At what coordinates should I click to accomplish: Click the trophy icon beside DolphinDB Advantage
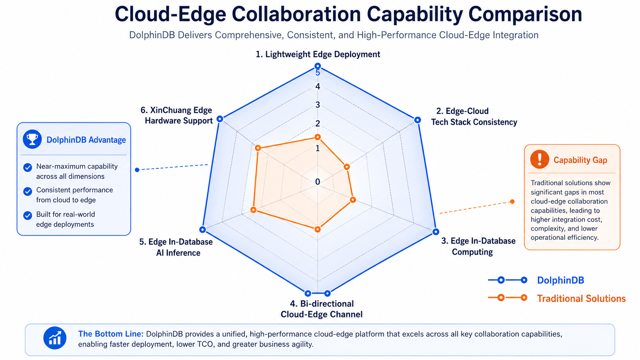pyautogui.click(x=32, y=139)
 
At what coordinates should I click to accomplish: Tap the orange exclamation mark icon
pyautogui.click(x=539, y=159)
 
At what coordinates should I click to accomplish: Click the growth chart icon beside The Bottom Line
pyautogui.click(x=55, y=338)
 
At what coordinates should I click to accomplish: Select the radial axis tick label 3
pyautogui.click(x=318, y=105)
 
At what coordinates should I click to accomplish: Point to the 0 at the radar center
pyautogui.click(x=317, y=182)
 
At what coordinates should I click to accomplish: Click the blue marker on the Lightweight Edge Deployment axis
pyautogui.click(x=317, y=66)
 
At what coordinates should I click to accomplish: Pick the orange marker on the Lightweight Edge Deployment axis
pyautogui.click(x=317, y=137)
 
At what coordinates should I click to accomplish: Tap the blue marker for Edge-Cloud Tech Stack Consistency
pyautogui.click(x=418, y=120)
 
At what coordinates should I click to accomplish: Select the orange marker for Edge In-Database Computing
pyautogui.click(x=353, y=200)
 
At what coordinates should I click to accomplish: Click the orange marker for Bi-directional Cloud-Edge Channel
pyautogui.click(x=317, y=229)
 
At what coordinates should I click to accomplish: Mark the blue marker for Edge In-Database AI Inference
pyautogui.click(x=202, y=229)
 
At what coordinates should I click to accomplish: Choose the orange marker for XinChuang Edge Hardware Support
pyautogui.click(x=258, y=148)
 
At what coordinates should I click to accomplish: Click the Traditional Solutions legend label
pyautogui.click(x=581, y=298)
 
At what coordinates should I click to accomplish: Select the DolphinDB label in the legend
pyautogui.click(x=560, y=280)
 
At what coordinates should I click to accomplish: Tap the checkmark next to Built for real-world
pyautogui.click(x=28, y=215)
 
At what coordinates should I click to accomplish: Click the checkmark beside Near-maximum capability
pyautogui.click(x=28, y=167)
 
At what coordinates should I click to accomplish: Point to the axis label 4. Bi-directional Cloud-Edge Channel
pyautogui.click(x=322, y=309)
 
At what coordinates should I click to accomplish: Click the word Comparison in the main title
pyautogui.click(x=525, y=14)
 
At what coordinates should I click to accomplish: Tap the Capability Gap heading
pyautogui.click(x=580, y=160)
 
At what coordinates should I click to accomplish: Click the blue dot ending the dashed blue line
pyautogui.click(x=137, y=170)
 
